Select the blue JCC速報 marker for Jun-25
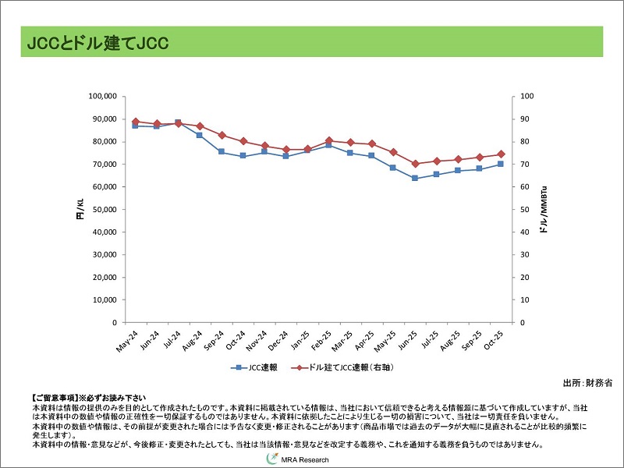tap(414, 178)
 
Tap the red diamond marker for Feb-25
tap(328, 140)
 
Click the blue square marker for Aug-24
tap(200, 135)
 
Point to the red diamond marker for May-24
tap(135, 122)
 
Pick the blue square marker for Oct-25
tap(500, 164)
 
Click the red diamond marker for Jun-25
tap(414, 164)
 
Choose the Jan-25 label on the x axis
tap(300, 340)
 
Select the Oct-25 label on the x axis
tap(493, 340)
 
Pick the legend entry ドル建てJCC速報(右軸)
tap(346, 367)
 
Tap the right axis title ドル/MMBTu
tap(544, 209)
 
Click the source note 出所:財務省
tap(587, 383)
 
